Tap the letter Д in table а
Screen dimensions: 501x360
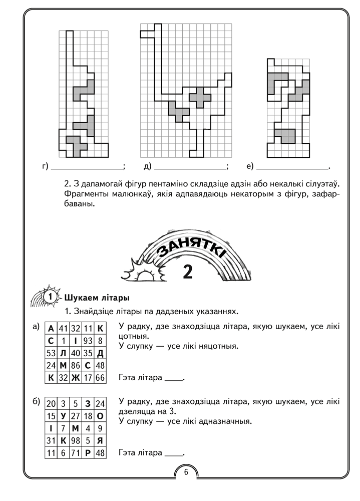coord(100,353)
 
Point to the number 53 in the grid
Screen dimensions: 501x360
coord(51,353)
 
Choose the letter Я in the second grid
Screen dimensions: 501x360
coord(100,441)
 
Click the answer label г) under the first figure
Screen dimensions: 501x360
coord(46,167)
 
